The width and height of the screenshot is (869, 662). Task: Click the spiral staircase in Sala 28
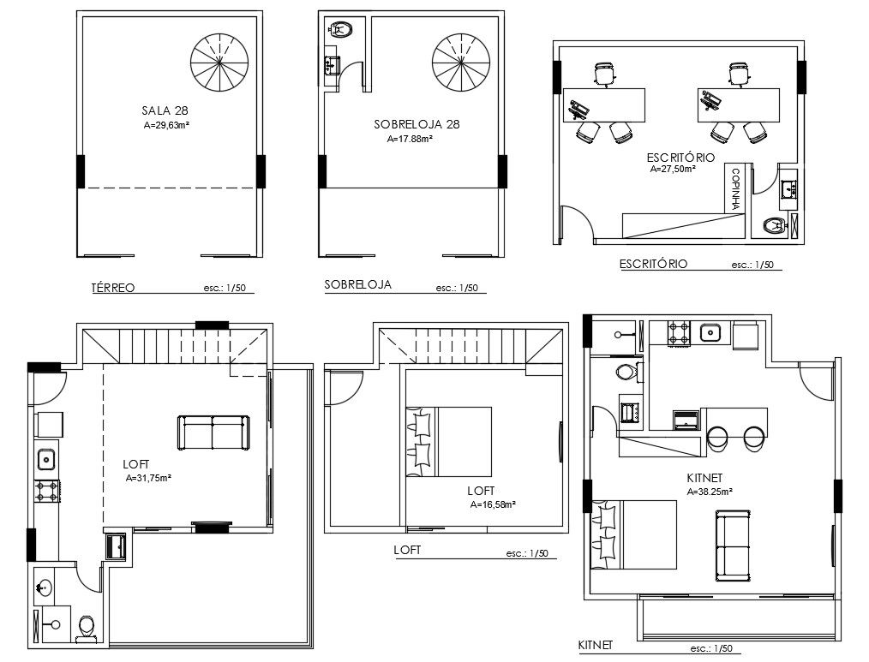point(220,62)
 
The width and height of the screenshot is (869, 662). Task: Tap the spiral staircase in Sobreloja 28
point(462,62)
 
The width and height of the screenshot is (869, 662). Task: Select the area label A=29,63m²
point(166,125)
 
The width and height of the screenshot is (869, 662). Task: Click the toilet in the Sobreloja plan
point(342,29)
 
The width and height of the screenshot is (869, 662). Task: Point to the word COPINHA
point(736,189)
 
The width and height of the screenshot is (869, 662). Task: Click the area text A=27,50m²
point(673,169)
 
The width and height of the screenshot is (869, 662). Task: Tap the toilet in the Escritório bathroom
point(774,225)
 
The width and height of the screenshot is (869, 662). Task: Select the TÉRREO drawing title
point(113,288)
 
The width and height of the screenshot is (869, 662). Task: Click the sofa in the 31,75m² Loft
point(213,432)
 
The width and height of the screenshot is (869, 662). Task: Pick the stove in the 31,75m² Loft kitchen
point(46,492)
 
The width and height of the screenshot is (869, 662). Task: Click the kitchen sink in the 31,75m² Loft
point(46,459)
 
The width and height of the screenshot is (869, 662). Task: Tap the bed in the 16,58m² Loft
point(449,442)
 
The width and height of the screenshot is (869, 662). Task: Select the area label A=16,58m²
point(494,504)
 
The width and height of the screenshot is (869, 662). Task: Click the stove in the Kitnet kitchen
point(679,333)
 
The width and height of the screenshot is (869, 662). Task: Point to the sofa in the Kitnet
point(734,546)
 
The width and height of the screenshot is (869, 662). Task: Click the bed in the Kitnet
point(634,534)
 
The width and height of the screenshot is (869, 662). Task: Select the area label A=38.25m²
point(710,492)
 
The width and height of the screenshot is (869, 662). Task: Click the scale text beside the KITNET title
point(711,648)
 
